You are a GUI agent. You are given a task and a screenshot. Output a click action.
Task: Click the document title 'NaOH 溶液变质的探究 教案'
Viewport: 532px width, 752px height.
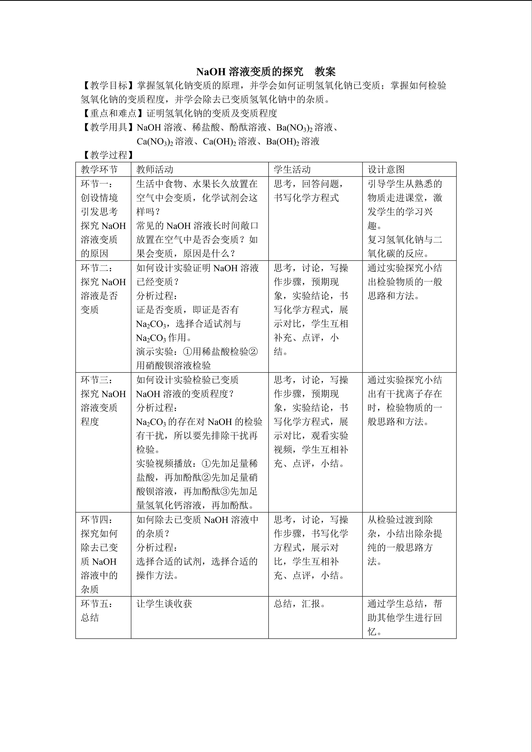[x=266, y=71]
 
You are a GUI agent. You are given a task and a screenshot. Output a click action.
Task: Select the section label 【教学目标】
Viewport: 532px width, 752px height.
[x=108, y=86]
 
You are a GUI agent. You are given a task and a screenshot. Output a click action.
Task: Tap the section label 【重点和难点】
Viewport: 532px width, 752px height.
[x=113, y=113]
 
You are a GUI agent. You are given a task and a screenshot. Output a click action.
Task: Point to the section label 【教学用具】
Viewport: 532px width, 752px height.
[x=108, y=127]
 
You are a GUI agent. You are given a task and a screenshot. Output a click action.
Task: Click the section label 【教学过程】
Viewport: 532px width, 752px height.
[x=108, y=155]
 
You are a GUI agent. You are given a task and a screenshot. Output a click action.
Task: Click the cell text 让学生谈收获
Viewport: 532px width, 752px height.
[x=164, y=604]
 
